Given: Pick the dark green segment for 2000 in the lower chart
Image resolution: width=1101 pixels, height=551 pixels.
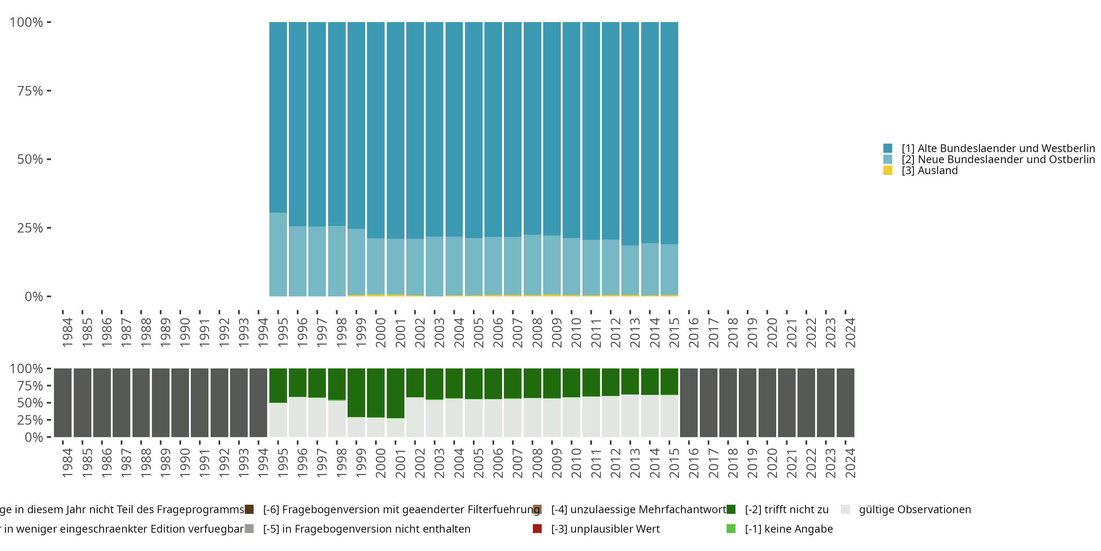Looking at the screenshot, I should (376, 392).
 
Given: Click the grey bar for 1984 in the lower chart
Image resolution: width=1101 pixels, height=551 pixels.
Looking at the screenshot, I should (63, 403).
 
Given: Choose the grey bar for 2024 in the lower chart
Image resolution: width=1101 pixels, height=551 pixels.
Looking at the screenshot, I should (846, 403).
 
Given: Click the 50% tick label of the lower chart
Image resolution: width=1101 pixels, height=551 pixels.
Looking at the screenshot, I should (30, 403).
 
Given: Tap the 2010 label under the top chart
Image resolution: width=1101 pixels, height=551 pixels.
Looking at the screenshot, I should (576, 332).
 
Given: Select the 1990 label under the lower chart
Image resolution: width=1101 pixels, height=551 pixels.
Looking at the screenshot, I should (185, 463).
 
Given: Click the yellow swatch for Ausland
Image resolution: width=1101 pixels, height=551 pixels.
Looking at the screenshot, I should (888, 171).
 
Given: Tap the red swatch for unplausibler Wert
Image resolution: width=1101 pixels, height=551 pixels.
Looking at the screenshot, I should (537, 529).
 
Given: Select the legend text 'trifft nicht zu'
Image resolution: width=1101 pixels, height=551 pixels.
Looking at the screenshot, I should (786, 509).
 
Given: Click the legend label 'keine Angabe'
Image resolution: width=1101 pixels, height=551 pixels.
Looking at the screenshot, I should (789, 529).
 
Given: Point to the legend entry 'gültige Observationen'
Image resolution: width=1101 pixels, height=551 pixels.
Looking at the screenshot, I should (915, 509).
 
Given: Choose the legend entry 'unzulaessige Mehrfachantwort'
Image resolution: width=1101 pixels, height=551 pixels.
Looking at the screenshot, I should (639, 509).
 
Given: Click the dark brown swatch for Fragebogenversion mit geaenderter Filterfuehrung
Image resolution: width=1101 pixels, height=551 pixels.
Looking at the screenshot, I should (249, 509).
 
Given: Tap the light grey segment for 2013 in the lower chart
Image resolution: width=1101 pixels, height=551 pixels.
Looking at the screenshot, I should (630, 415).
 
